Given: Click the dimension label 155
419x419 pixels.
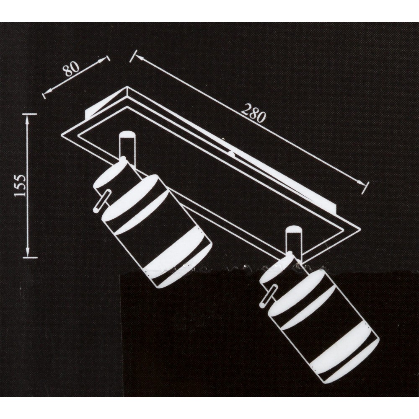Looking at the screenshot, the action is pos(21,186).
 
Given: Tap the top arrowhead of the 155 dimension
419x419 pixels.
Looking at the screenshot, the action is pos(27,122).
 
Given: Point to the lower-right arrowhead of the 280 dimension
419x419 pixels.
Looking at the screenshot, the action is pos(362,182).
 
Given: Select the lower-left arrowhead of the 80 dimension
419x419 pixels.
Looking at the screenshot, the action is pos(48,91).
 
